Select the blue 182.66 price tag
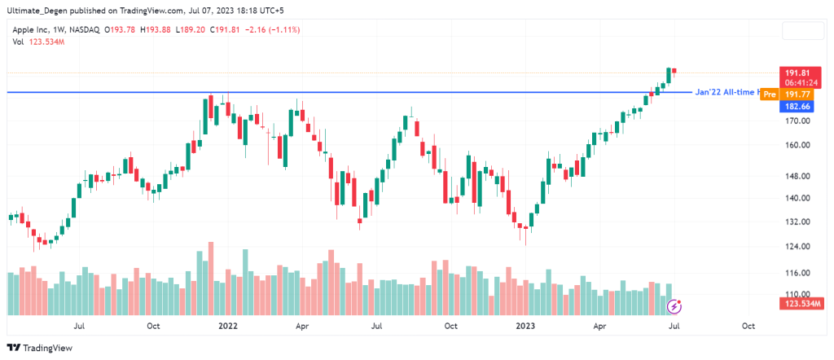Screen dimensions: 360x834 [793, 107]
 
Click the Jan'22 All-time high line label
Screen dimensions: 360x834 [726, 92]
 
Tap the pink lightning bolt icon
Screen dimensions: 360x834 [674, 306]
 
